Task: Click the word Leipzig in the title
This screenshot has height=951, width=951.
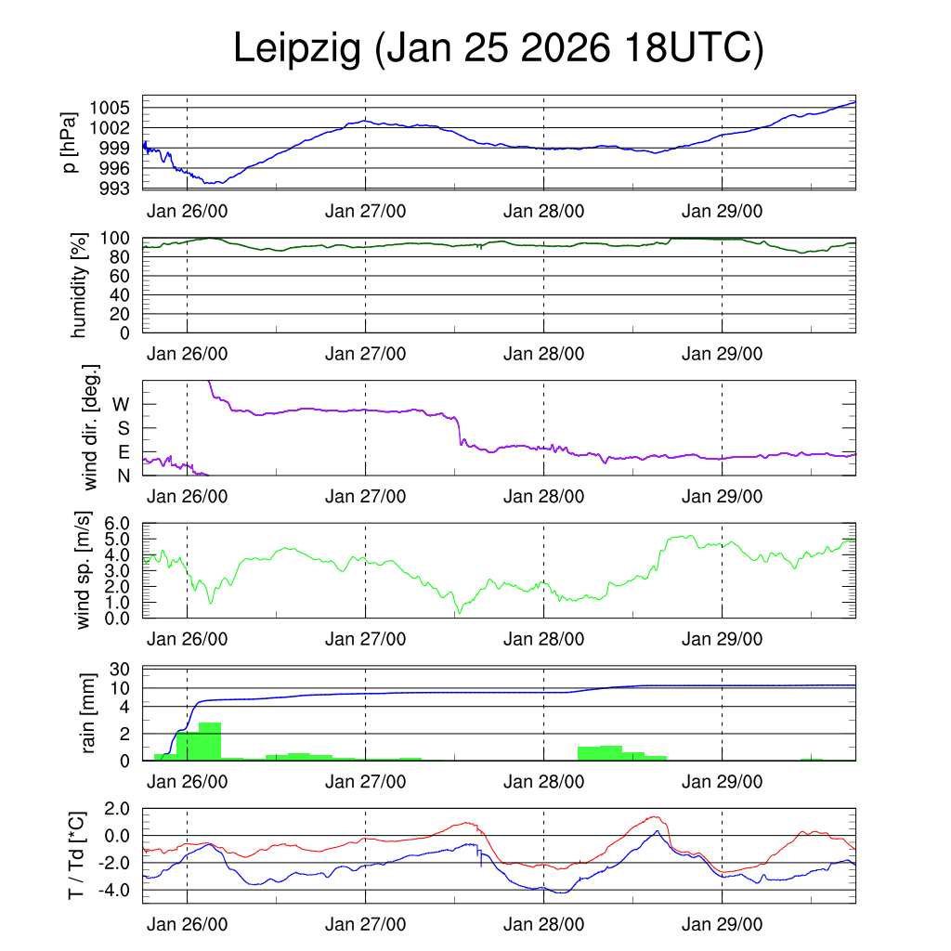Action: tap(296, 48)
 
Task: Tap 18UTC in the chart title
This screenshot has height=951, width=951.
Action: tap(696, 48)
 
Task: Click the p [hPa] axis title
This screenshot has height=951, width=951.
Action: tap(70, 143)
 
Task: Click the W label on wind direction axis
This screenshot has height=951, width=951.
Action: tap(122, 405)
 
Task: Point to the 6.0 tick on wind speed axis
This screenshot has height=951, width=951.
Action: tap(120, 524)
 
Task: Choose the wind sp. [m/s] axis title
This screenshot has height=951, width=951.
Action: tap(84, 570)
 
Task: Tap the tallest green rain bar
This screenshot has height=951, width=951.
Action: tap(209, 740)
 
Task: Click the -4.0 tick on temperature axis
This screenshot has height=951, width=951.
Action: tap(116, 891)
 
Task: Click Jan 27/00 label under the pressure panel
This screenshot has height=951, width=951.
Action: tap(365, 211)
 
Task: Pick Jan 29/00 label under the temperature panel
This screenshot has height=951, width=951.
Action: tap(722, 925)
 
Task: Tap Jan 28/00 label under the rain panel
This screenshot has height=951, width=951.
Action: tap(543, 783)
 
